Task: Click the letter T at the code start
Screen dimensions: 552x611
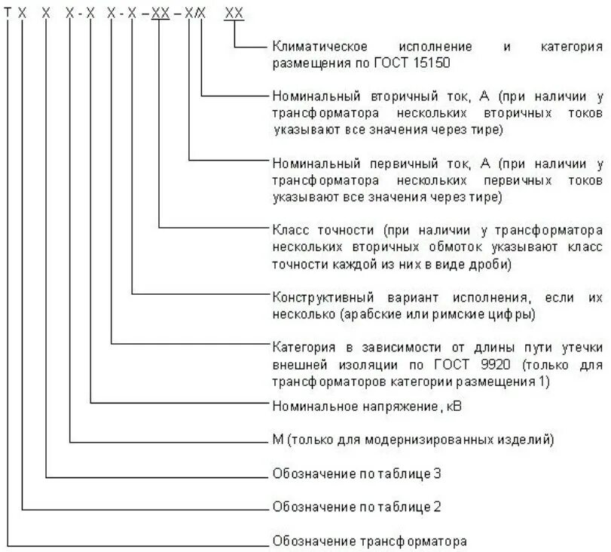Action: point(8,14)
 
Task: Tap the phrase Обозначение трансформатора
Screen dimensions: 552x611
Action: point(369,541)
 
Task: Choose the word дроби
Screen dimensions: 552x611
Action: point(491,264)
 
